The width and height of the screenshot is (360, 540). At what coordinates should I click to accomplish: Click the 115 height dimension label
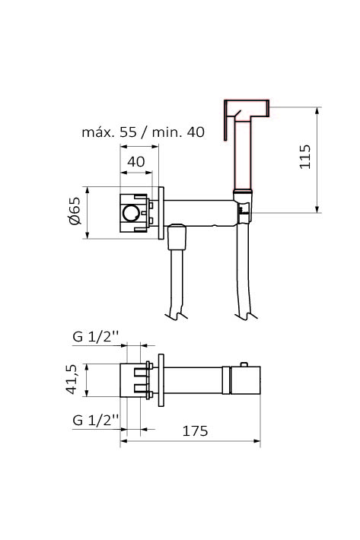(305, 157)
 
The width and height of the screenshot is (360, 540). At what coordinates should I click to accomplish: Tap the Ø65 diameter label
(75, 211)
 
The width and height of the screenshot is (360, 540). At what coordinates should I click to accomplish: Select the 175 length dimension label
(195, 430)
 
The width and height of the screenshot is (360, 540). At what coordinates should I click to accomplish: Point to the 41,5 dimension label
(72, 380)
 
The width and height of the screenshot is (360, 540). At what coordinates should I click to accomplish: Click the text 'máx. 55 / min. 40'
(143, 132)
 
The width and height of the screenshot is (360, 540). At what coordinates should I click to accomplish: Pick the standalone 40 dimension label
(136, 161)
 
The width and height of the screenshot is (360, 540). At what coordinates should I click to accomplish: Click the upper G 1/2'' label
(96, 336)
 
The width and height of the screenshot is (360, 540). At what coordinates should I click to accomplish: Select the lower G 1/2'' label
(96, 420)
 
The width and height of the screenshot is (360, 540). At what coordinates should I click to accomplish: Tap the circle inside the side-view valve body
(130, 214)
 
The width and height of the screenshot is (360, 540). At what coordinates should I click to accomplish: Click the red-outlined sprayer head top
(247, 108)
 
